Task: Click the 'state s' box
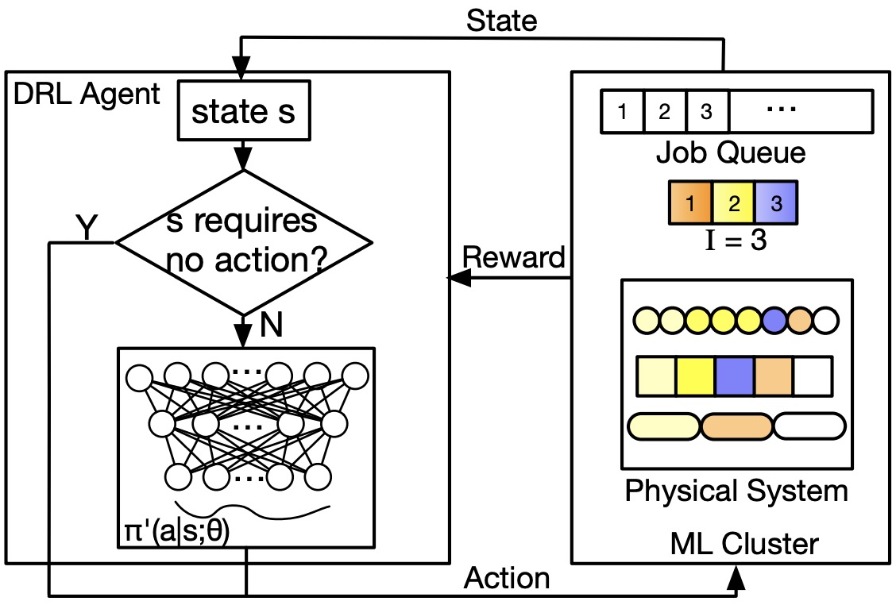click(x=243, y=111)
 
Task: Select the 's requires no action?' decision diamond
click(x=243, y=242)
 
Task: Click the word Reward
click(x=513, y=257)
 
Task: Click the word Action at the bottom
click(x=507, y=578)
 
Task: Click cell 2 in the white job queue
click(x=666, y=111)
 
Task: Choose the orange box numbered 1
click(x=690, y=202)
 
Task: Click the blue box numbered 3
click(x=774, y=202)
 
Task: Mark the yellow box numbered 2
click(x=733, y=202)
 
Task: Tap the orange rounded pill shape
click(x=736, y=426)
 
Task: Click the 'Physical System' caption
click(x=736, y=491)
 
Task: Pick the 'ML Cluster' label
click(x=743, y=544)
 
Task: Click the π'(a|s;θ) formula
click(x=176, y=531)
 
